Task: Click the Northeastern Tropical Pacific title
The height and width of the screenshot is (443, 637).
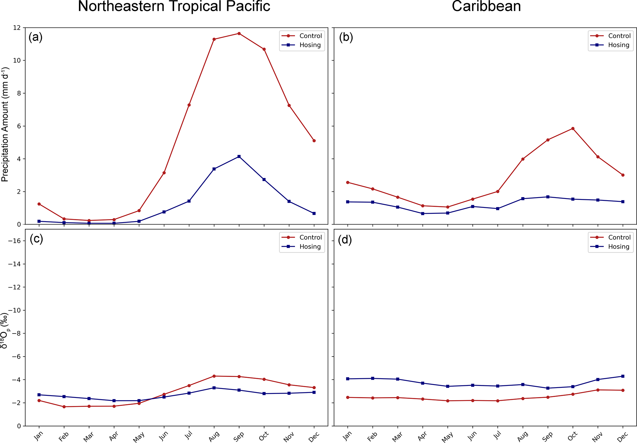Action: [x=174, y=6]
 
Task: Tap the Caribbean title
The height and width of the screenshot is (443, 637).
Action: [x=486, y=6]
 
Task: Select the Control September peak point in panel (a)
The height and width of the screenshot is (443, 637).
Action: [x=239, y=33]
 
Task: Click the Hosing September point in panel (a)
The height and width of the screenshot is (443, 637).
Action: [x=239, y=156]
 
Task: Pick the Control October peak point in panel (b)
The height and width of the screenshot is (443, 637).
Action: [x=573, y=128]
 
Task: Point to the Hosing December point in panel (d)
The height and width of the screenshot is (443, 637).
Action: [x=623, y=376]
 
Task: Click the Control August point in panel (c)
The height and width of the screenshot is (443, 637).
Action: [x=214, y=376]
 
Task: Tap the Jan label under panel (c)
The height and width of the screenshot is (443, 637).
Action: [x=38, y=436]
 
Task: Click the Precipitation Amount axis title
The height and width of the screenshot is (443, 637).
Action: [x=5, y=125]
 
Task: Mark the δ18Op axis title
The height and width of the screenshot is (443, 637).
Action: [x=5, y=330]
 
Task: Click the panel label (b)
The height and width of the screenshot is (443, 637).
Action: [x=346, y=37]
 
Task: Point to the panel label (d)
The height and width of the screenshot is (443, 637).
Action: [x=345, y=240]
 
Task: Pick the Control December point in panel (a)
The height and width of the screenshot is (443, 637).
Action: [x=314, y=141]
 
